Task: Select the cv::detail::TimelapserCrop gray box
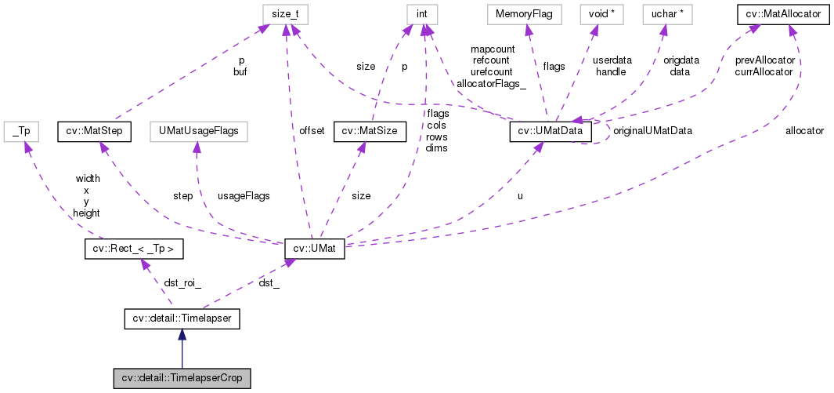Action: coord(182,378)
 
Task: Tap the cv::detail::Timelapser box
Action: coord(182,318)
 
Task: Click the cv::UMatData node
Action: coord(551,131)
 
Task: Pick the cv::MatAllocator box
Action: coord(780,13)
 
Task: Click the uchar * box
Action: coord(664,13)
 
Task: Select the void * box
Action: coord(594,13)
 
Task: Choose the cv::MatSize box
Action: coord(370,131)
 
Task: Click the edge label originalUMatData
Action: coord(652,131)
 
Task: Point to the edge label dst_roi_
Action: coord(181,283)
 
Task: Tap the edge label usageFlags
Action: coord(244,195)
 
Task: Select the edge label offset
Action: coord(311,131)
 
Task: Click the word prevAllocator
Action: coord(765,60)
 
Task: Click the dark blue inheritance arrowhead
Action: coord(182,335)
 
